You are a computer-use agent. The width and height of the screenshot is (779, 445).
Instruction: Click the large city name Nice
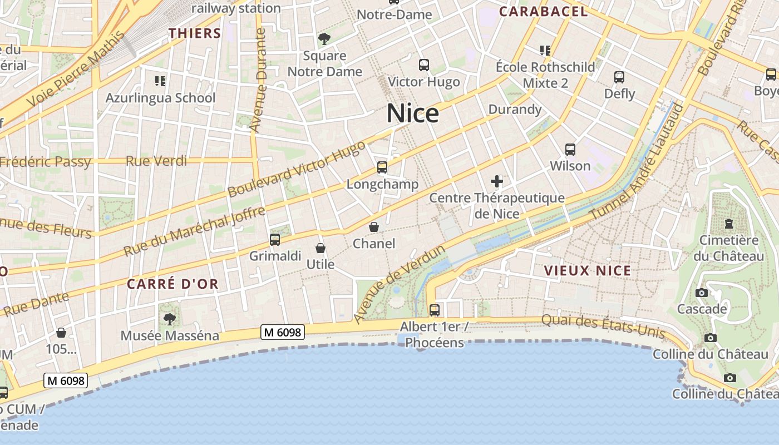pos(413,113)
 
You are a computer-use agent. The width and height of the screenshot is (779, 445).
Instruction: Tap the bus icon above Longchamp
pos(382,167)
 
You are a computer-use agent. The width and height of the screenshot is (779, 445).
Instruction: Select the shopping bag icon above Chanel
pos(374,227)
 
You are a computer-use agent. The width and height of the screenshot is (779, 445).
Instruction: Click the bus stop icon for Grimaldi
pos(274,240)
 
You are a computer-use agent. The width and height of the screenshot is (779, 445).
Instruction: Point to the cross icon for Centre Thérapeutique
pos(497,181)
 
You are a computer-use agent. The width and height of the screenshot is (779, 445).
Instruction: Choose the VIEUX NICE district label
pos(588,271)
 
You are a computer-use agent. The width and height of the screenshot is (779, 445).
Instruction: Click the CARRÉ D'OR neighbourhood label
pos(172,284)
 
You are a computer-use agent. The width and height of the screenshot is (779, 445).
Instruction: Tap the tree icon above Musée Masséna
pos(169,319)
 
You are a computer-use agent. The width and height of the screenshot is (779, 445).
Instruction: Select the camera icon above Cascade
pos(702,293)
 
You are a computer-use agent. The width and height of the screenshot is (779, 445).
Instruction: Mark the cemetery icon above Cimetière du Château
pos(728,224)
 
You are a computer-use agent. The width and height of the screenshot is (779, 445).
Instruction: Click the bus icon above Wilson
pos(570,150)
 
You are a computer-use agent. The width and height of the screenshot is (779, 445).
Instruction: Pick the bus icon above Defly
pos(619,77)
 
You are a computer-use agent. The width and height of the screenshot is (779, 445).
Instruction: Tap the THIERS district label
pos(195,33)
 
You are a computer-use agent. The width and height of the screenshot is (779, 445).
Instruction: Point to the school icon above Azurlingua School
pos(160,82)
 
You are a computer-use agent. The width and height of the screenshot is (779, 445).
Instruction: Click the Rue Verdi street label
pos(156,161)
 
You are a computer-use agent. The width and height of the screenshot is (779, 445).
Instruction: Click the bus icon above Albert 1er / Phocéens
pos(434,310)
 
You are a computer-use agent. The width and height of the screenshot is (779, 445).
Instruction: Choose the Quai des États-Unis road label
pos(603,327)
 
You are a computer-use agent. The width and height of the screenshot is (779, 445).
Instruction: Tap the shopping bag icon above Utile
pos(321,248)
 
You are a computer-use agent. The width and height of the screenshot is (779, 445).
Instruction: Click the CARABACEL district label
pos(543,12)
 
